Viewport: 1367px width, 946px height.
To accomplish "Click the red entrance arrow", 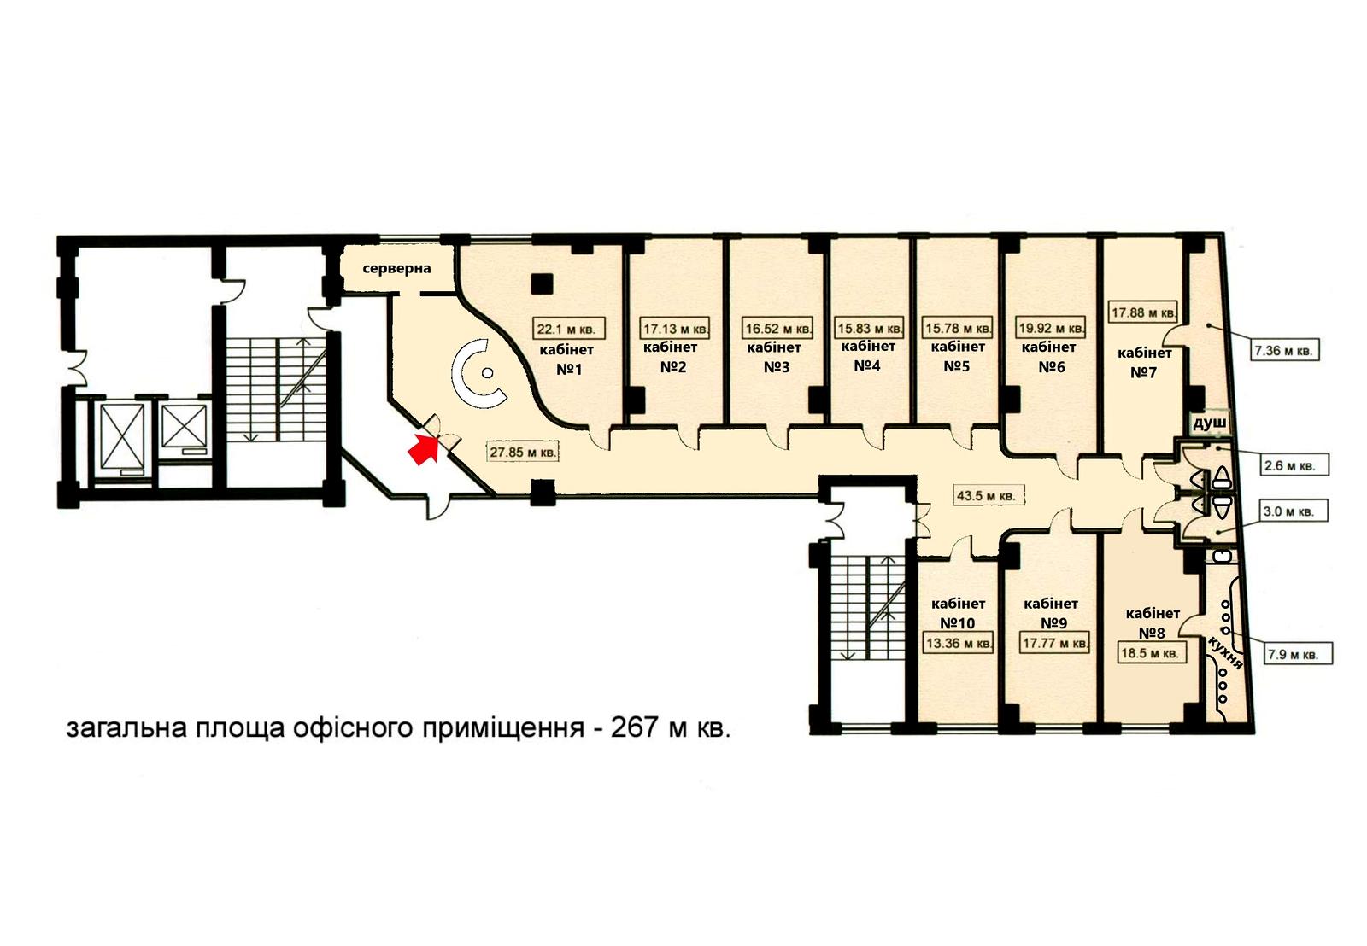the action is tap(423, 449).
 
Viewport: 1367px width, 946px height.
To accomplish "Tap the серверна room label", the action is tap(396, 268).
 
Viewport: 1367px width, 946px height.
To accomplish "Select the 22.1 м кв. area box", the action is tap(568, 329).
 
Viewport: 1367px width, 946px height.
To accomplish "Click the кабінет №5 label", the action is tap(958, 356).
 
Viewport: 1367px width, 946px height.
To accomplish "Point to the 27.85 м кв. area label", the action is tap(522, 453).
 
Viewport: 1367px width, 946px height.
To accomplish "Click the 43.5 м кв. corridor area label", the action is tap(986, 496).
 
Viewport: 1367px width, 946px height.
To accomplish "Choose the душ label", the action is tap(1209, 423).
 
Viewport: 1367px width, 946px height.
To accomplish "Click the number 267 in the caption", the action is tap(635, 728).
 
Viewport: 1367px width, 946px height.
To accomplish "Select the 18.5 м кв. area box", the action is tap(1150, 653).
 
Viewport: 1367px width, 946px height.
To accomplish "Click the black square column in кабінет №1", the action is tap(542, 283).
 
